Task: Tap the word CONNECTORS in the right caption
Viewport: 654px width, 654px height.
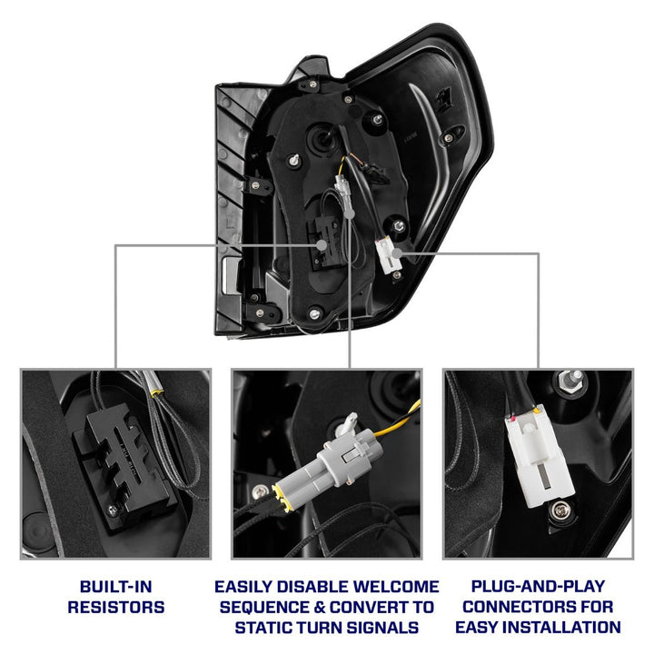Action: click(x=524, y=607)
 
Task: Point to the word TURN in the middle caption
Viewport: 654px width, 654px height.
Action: click(x=327, y=627)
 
